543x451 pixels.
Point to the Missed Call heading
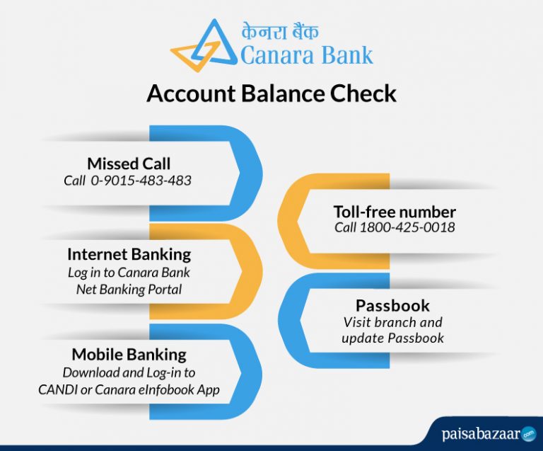coord(129,164)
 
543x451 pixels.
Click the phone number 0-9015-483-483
coord(141,181)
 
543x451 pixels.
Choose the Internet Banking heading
coord(129,253)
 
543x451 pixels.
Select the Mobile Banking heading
coord(129,354)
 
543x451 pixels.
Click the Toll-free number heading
coord(395,212)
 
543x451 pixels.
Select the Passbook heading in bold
coord(392,305)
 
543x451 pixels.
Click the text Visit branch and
coord(392,322)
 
